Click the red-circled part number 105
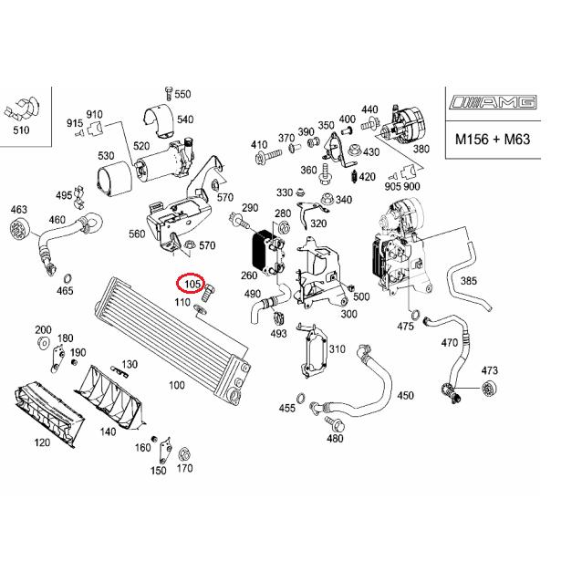[x=192, y=285]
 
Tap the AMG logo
[x=493, y=102]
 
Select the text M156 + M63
[x=493, y=140]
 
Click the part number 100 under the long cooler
[x=177, y=385]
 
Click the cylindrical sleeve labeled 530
[x=114, y=179]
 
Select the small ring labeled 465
[x=68, y=278]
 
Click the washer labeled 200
[x=44, y=343]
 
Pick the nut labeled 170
[x=183, y=454]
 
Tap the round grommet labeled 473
[x=489, y=389]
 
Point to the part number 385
[x=468, y=281]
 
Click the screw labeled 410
[x=269, y=156]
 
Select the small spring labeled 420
[x=354, y=177]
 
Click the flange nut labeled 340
[x=327, y=199]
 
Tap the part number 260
[x=249, y=275]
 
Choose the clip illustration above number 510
[x=22, y=110]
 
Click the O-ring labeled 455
[x=301, y=397]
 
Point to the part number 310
[x=337, y=348]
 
